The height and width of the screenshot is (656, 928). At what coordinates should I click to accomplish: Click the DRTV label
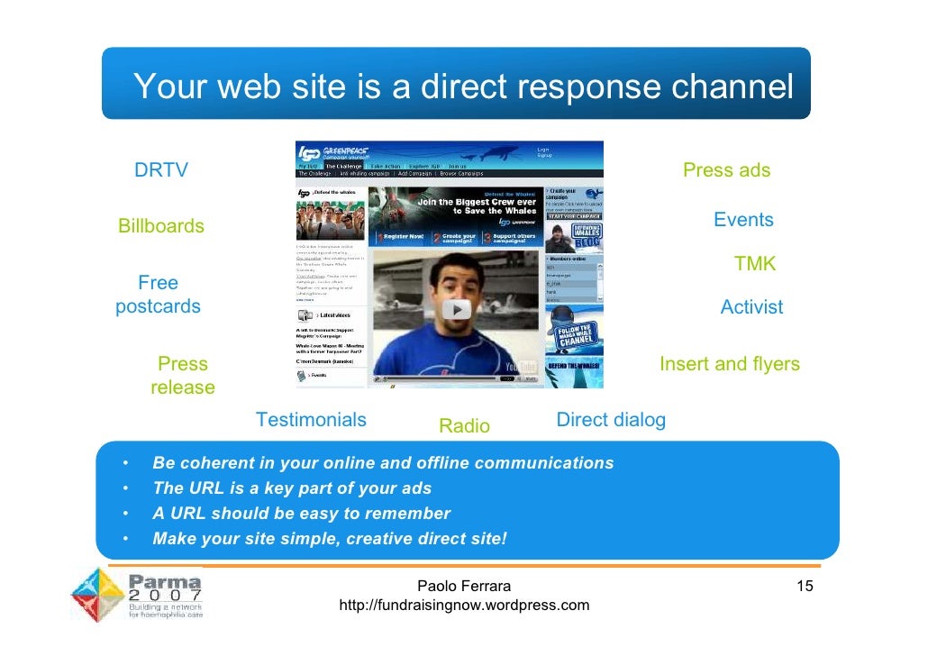click(x=161, y=170)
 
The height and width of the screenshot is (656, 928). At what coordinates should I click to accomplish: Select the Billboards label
click(x=161, y=226)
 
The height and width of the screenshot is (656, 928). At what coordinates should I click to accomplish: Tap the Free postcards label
click(x=158, y=295)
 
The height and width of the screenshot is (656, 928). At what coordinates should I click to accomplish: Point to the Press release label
click(x=183, y=376)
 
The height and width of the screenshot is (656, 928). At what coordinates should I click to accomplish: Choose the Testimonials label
click(x=311, y=420)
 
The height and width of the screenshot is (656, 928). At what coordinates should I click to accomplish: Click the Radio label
click(x=464, y=426)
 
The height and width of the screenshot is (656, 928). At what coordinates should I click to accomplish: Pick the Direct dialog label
click(x=611, y=420)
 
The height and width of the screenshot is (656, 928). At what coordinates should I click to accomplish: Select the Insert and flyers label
click(x=730, y=364)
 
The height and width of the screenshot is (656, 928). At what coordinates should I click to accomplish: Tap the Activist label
click(x=751, y=307)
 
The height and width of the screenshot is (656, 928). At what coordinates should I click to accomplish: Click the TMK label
click(x=755, y=264)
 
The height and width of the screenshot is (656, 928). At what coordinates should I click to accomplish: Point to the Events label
click(x=743, y=220)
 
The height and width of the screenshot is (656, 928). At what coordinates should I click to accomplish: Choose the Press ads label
click(x=726, y=170)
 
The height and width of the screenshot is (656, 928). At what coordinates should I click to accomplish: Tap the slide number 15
click(x=805, y=587)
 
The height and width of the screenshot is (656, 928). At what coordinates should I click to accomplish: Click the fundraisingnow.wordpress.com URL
click(x=464, y=605)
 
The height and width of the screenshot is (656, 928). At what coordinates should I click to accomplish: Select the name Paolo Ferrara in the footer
click(x=464, y=588)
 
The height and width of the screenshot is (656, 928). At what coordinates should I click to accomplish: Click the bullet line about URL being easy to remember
click(x=301, y=514)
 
